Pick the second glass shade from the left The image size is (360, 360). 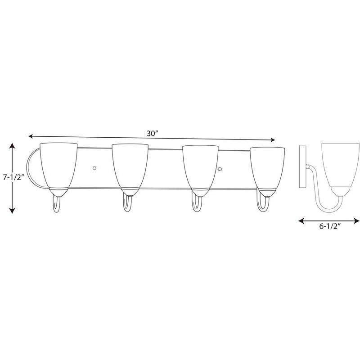129,165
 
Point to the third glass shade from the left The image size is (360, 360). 200,165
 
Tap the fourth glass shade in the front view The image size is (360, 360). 268,165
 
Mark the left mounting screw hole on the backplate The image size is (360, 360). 94,168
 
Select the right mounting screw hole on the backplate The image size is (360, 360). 220,169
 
